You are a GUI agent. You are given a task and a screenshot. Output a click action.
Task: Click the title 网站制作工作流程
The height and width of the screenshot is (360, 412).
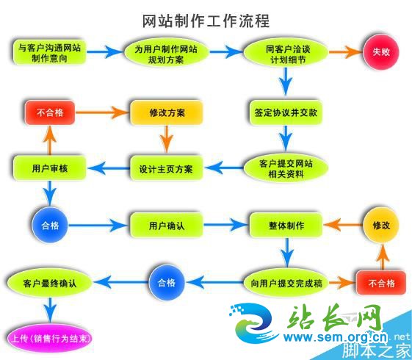point(206,21)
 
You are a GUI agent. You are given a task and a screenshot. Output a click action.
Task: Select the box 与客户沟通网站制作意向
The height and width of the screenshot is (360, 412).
point(49,52)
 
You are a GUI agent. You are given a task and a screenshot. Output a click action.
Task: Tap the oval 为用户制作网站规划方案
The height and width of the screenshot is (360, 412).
point(166,53)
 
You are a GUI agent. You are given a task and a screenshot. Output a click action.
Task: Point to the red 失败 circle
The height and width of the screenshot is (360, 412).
point(381,51)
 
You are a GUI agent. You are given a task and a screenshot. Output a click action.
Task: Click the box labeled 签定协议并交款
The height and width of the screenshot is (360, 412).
point(286,112)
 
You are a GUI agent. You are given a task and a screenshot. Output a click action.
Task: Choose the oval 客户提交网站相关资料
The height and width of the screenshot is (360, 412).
point(286,168)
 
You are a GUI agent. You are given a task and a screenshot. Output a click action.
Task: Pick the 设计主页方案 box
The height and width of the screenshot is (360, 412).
point(166,168)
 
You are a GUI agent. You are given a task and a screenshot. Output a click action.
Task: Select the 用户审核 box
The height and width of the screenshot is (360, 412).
point(50,168)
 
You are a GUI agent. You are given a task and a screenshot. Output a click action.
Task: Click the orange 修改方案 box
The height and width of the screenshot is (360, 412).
point(167,112)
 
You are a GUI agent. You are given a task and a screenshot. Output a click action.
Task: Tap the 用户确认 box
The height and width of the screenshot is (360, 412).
point(167,226)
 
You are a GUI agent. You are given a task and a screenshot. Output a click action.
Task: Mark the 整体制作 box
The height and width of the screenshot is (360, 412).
point(286,226)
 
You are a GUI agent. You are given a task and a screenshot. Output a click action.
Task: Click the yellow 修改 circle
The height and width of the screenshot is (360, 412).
point(381,225)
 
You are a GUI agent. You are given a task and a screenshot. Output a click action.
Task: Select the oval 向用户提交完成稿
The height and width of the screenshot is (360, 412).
point(286,283)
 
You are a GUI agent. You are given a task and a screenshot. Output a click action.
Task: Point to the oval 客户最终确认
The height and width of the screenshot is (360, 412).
point(50,283)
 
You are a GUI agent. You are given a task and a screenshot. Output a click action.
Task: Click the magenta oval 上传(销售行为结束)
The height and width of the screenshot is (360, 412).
point(50,338)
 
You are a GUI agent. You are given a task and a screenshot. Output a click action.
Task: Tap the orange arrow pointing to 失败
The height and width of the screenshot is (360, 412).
point(345,51)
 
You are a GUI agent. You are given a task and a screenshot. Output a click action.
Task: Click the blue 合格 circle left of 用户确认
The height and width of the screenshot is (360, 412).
point(50,225)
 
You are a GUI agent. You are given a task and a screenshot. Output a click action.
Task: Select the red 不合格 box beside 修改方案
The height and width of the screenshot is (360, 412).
point(50,112)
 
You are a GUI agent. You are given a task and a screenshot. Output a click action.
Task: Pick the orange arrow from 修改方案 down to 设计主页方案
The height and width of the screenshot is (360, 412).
point(166,139)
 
